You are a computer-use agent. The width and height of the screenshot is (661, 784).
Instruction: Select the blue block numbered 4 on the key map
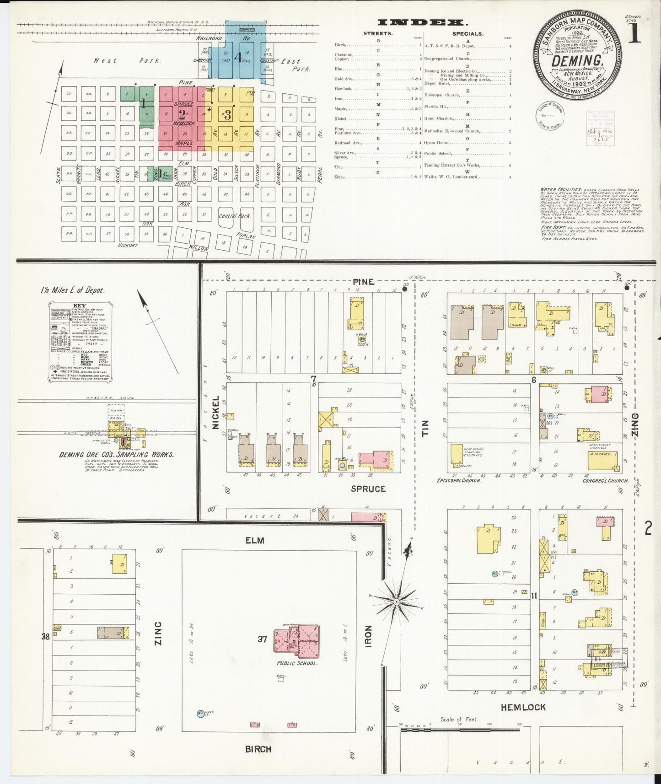tap(237, 57)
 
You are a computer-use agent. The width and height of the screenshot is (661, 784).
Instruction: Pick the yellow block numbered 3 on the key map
tap(228, 115)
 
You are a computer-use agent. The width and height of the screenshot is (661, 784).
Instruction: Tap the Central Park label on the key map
tap(235, 215)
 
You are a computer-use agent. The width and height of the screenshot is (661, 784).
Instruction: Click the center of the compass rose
tap(396, 601)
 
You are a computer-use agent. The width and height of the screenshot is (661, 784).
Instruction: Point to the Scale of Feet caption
tap(459, 720)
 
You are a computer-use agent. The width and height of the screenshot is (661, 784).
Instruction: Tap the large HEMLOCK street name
tap(523, 707)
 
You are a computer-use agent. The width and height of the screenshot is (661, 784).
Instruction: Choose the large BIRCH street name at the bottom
tap(258, 749)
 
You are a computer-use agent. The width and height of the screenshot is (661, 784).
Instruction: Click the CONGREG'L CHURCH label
tap(605, 481)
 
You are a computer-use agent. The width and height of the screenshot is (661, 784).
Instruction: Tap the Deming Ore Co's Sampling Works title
tap(116, 455)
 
